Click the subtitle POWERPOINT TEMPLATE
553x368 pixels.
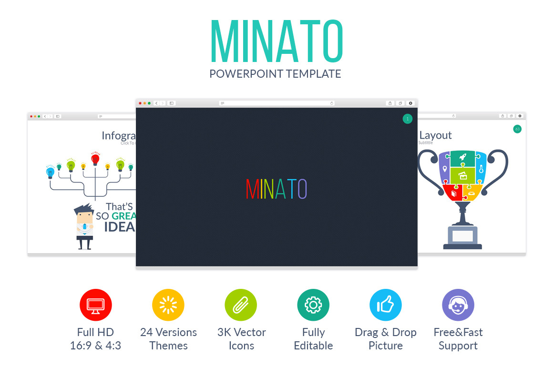click(x=276, y=74)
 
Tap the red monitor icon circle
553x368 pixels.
click(x=95, y=305)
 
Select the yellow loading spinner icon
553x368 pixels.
click(x=168, y=305)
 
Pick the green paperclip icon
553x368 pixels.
click(x=241, y=305)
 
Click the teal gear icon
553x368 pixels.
click(x=313, y=305)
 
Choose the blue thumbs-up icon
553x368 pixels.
click(x=386, y=305)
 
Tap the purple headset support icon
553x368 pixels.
click(x=458, y=305)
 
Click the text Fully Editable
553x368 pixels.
click(x=313, y=339)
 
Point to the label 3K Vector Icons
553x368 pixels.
click(x=241, y=339)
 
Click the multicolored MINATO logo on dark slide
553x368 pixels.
click(x=276, y=189)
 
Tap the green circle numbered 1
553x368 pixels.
click(x=407, y=119)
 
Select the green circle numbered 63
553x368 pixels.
click(x=517, y=129)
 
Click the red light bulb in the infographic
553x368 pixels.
click(x=95, y=159)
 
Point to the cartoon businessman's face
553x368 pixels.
click(x=84, y=215)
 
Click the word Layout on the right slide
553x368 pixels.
click(x=435, y=135)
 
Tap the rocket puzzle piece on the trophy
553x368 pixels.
click(x=462, y=157)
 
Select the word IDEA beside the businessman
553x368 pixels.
click(x=119, y=227)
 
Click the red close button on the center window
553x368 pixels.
click(x=140, y=103)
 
